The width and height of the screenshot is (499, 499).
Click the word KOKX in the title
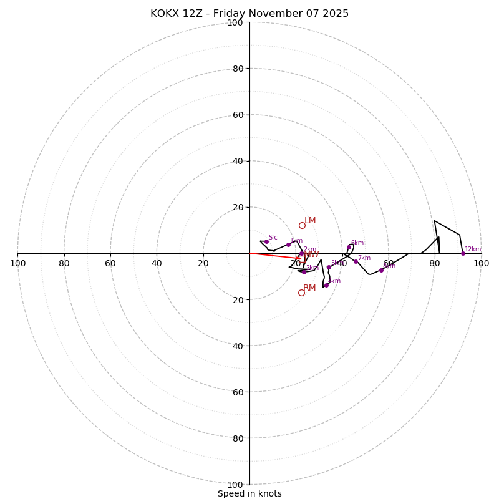click(165, 14)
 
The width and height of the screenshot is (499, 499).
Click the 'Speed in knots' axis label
click(249, 493)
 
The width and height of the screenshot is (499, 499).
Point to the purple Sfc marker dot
click(266, 241)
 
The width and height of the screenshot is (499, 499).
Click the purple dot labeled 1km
click(288, 245)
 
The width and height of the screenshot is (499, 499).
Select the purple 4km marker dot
click(326, 285)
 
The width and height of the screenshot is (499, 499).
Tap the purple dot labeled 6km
click(349, 247)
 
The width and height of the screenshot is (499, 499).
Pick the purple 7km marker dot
click(356, 261)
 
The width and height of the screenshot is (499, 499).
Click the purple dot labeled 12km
click(463, 253)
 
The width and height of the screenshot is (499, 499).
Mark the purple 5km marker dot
click(329, 267)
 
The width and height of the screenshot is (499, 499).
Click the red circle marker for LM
click(302, 225)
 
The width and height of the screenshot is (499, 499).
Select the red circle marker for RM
click(301, 293)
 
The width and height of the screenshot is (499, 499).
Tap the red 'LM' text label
click(310, 221)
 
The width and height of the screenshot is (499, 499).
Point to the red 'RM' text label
click(309, 288)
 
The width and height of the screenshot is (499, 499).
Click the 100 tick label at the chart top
click(235, 22)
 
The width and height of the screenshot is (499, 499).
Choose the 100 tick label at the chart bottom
click(235, 485)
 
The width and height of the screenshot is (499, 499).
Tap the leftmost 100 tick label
click(17, 263)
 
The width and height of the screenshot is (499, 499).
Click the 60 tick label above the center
click(238, 115)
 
